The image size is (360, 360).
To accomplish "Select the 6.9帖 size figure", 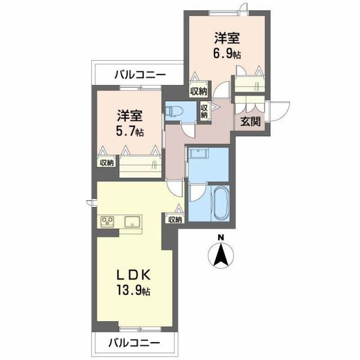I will (227, 55).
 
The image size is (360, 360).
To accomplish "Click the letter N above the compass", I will (222, 237).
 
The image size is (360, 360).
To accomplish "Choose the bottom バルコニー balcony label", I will (134, 342).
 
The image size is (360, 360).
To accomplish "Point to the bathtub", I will (220, 205).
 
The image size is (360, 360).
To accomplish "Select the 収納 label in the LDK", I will (174, 219).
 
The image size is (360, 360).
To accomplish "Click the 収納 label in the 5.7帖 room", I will (107, 163).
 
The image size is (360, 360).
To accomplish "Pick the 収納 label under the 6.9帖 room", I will (197, 91).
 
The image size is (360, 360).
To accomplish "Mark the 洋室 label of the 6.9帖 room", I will (227, 39).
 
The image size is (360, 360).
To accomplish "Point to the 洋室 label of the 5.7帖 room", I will (130, 116).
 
